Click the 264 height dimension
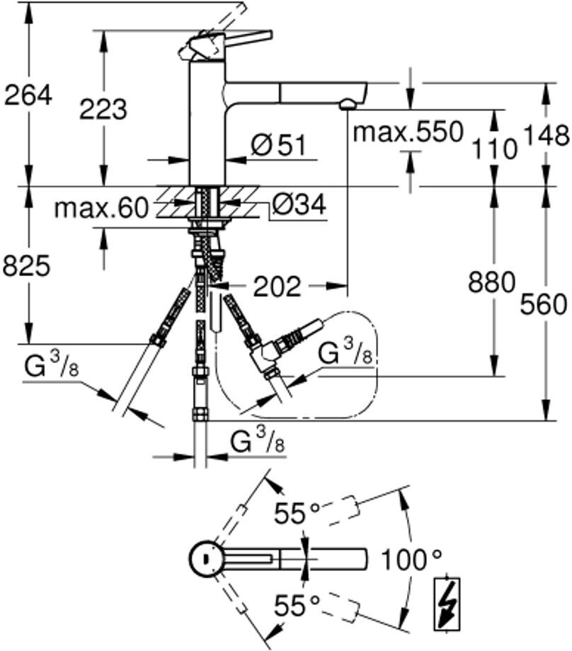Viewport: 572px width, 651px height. click(28, 96)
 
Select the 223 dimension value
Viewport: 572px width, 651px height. click(103, 110)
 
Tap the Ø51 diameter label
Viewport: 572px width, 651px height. click(278, 145)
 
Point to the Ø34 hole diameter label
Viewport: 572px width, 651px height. click(299, 204)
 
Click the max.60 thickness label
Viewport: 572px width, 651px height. click(101, 207)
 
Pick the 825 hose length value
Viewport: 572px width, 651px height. click(27, 266)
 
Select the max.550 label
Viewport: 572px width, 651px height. click(408, 132)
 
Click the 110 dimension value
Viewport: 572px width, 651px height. click(494, 149)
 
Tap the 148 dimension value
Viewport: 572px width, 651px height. click(546, 135)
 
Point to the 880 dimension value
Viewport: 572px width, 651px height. click(491, 282)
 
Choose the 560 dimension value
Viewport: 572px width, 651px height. click(544, 304)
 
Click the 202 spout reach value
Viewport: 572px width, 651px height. click(277, 287)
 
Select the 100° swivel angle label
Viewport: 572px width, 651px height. click(411, 560)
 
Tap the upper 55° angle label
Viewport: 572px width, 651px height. click(297, 513)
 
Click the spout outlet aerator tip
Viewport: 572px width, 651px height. click(348, 104)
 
